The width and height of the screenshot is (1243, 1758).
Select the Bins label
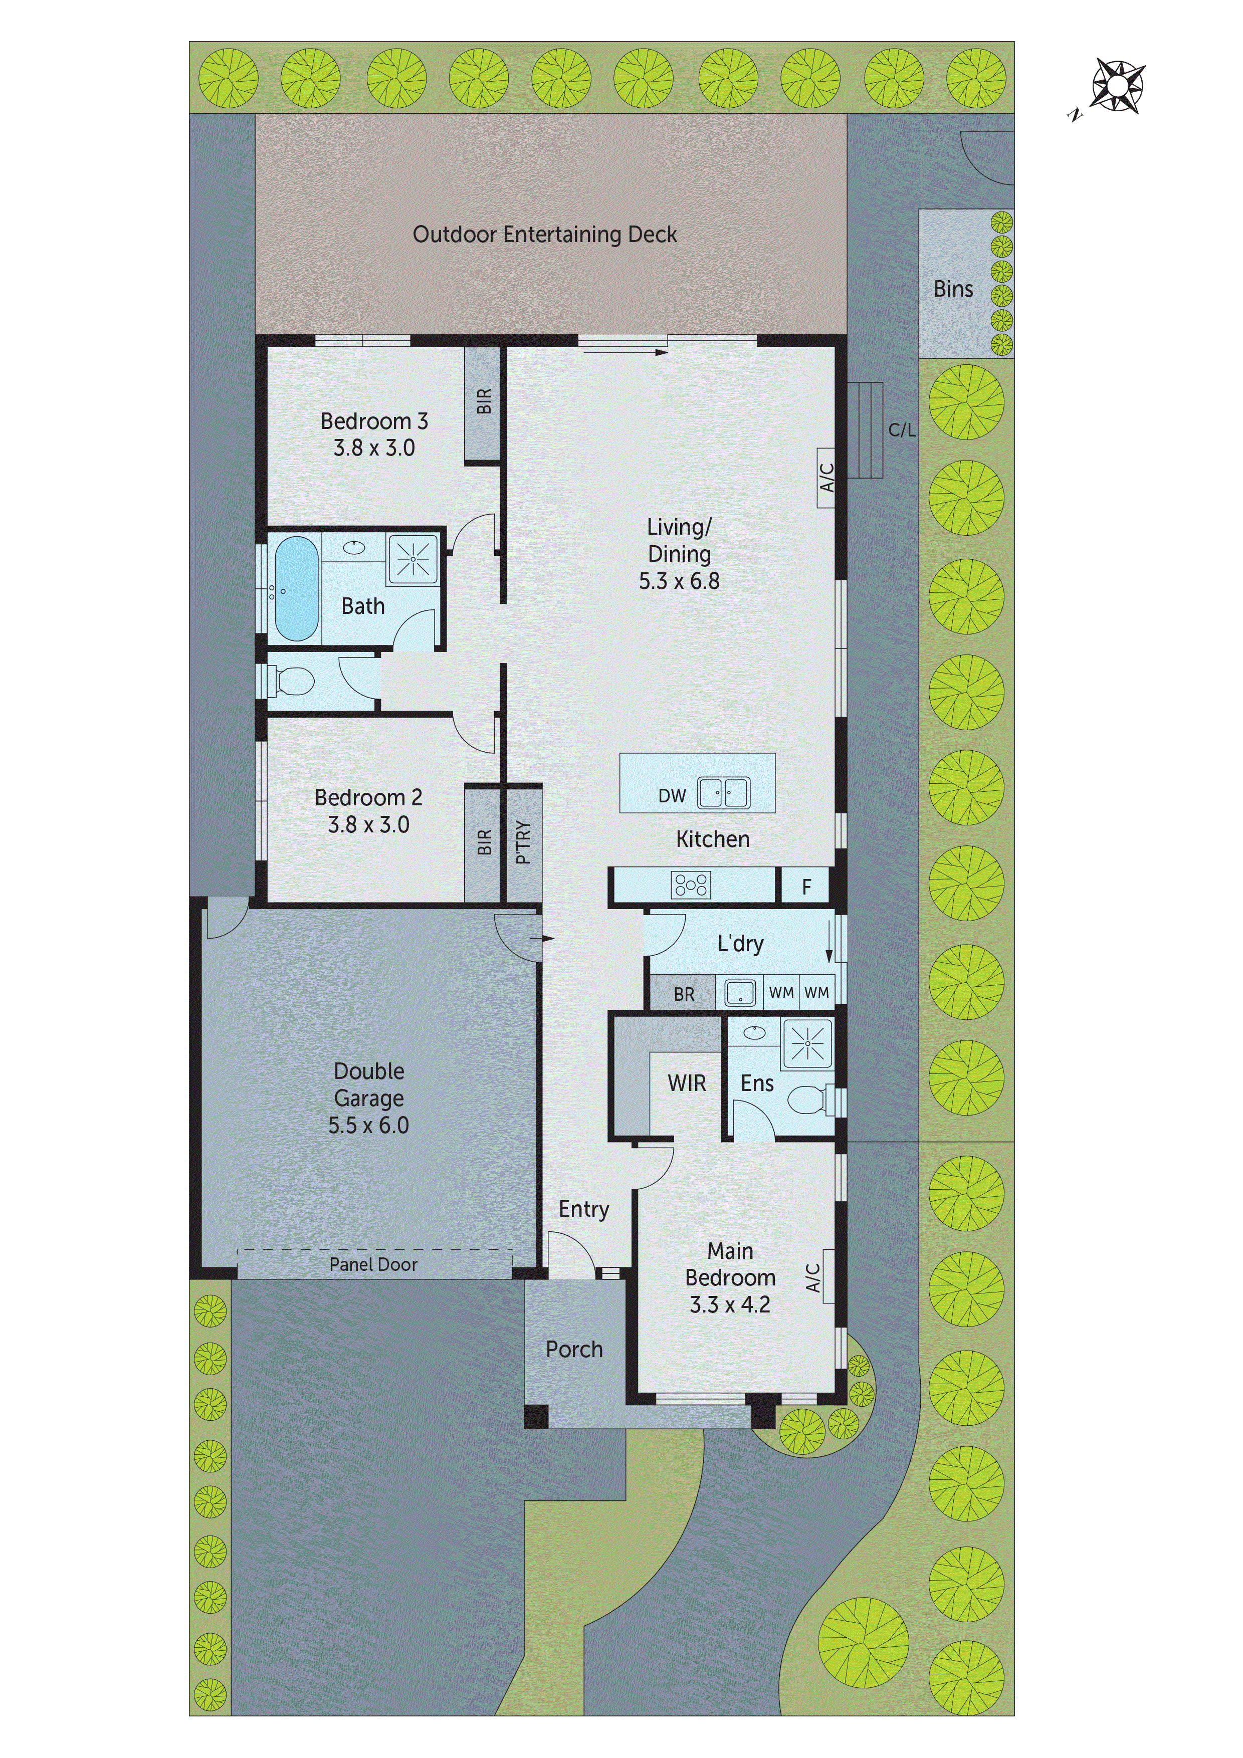pos(953,290)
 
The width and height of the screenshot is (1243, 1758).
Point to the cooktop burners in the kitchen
pos(691,885)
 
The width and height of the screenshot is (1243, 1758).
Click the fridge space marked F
pos(805,887)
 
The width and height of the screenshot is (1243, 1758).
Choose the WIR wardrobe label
pos(686,1083)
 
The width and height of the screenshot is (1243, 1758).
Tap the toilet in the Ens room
pos(808,1101)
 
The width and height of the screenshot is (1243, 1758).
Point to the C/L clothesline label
pos(901,430)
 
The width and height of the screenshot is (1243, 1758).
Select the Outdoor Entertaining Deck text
pos(544,235)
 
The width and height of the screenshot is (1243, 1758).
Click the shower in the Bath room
pos(413,559)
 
